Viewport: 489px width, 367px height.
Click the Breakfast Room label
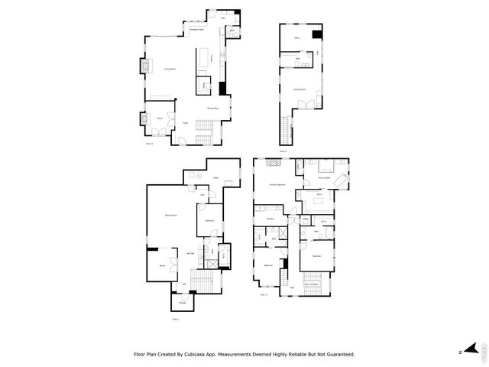(196, 30)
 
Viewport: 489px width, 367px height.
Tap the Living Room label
(170, 69)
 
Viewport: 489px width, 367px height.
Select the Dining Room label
(212, 109)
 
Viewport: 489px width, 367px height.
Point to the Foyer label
(186, 122)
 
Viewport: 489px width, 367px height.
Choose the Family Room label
(299, 89)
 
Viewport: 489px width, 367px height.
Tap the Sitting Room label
(171, 216)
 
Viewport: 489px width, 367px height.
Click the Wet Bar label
(191, 254)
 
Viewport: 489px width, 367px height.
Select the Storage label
(183, 304)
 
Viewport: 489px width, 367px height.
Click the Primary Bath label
(324, 177)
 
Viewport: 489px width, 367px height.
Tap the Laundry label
(270, 219)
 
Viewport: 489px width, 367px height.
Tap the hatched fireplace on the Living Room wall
(142, 67)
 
